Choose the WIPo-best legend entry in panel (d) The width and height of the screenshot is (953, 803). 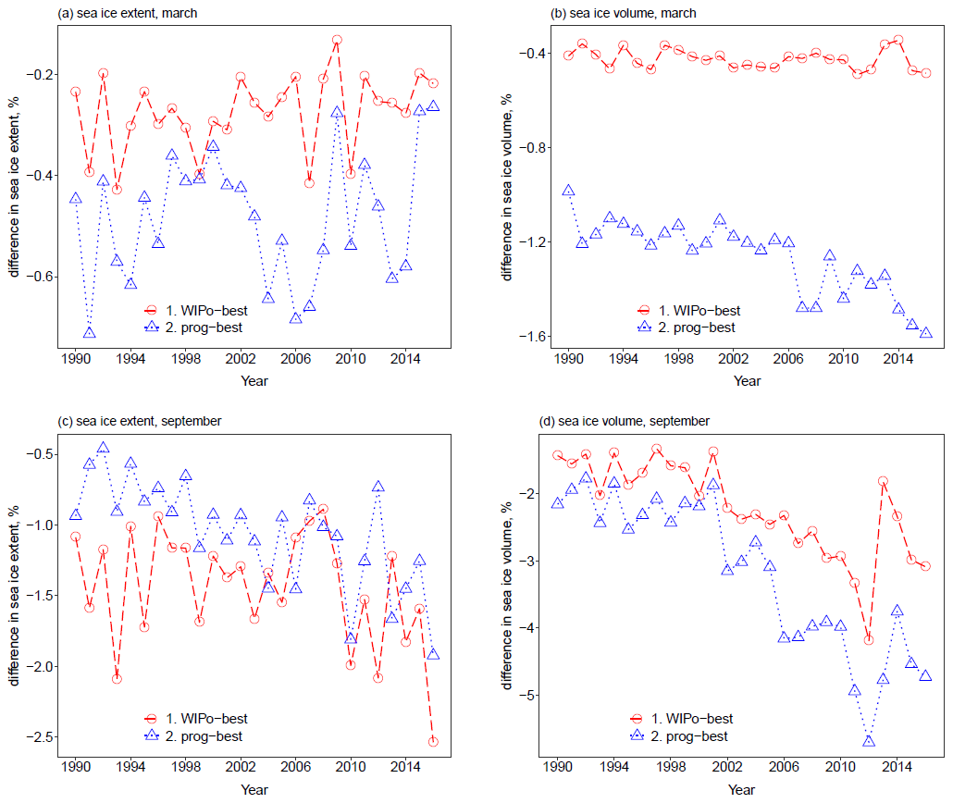[693, 719]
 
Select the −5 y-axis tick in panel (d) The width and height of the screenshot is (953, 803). [535, 696]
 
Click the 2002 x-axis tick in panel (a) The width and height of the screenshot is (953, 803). [241, 359]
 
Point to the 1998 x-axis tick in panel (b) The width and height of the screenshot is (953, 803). [678, 359]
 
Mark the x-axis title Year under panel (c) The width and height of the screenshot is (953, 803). [254, 790]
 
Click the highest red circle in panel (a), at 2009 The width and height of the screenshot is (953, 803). [337, 41]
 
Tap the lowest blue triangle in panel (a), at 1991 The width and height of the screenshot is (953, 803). [89, 333]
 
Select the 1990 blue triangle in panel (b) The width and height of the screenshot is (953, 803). [569, 191]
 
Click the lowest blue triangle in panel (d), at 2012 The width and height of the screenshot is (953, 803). [869, 741]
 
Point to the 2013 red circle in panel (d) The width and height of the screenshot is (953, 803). [883, 481]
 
